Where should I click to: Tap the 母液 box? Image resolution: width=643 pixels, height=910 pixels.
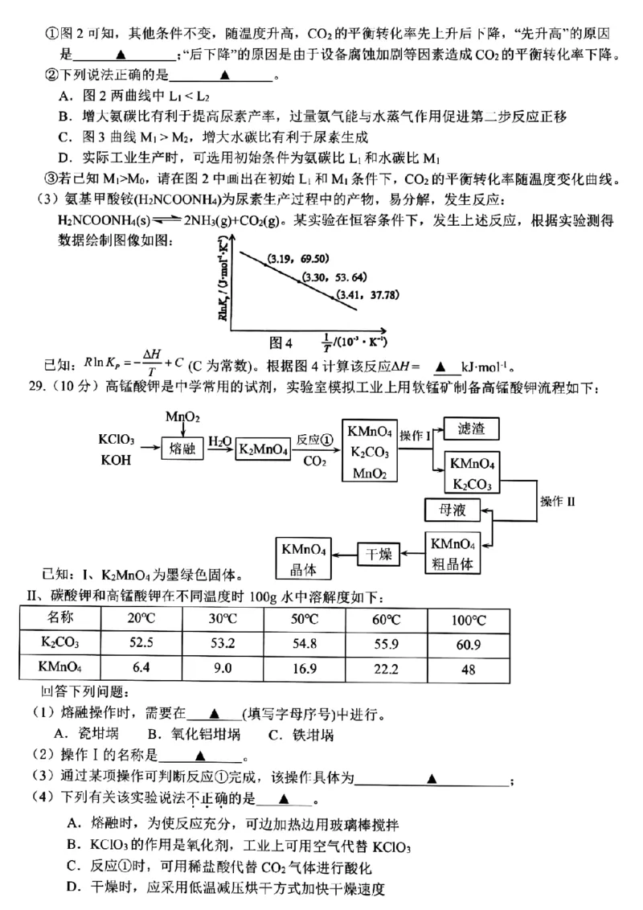point(454,510)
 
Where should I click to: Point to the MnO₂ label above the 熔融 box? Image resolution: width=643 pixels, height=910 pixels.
point(182,416)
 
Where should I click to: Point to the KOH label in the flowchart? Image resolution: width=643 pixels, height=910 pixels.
point(116,461)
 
